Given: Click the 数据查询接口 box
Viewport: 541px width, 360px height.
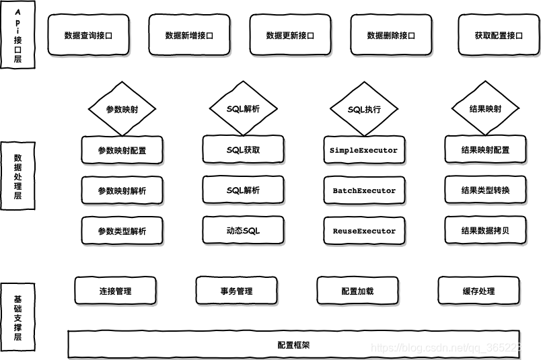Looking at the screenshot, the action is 88,36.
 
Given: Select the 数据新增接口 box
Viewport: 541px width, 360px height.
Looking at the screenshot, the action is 189,36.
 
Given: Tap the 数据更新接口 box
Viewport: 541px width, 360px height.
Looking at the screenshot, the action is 290,36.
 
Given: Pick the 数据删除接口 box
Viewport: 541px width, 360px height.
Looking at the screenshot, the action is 391,36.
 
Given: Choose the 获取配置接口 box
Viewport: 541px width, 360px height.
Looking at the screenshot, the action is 499,36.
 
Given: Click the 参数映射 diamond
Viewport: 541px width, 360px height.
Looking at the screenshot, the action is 122,109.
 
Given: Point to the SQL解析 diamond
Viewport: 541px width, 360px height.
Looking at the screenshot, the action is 243,109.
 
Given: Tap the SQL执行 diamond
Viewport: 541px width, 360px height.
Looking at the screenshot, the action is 364,109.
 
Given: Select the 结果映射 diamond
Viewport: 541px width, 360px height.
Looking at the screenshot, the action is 485,109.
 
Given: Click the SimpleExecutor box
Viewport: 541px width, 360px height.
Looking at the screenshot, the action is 364,150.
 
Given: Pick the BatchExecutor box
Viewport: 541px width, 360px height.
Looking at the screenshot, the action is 364,190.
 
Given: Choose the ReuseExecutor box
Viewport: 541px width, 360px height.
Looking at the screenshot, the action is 364,231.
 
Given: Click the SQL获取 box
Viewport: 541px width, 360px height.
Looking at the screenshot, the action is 243,150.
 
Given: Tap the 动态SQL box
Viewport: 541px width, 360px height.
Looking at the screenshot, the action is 243,231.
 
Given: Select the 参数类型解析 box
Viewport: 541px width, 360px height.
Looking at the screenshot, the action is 122,231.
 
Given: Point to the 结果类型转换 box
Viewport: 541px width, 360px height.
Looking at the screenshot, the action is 485,190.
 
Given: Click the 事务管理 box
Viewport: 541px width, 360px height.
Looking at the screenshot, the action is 236,291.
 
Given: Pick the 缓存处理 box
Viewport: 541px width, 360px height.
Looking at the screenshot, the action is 478,291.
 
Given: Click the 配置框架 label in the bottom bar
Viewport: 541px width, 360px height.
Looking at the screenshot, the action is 293,345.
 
